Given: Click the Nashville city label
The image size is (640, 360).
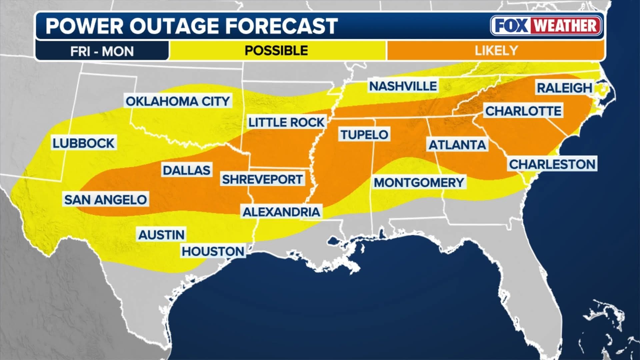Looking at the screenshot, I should coord(403,86).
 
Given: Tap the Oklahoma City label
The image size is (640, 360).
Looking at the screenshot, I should coord(178,101).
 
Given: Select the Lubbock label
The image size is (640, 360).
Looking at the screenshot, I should coord(83,143).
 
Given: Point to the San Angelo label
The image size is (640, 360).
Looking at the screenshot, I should coord(105,200).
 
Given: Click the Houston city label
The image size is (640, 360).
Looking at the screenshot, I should coord(213,251).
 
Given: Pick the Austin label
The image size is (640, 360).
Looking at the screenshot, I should coord(161,235).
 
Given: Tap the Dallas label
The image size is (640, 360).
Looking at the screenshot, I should coord(187,170).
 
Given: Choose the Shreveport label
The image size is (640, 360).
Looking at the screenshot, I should coord(262,179).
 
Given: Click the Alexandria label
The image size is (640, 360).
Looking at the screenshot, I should coord(281,212).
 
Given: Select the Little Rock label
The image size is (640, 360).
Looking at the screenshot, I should coord(286,122).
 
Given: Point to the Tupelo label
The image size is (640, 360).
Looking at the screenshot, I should coord(364,135).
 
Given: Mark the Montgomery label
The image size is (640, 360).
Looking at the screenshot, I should coord(419,183).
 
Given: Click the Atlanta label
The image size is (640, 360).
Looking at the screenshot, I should coord(457,145).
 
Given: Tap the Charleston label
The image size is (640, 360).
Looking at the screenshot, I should coord(552,164).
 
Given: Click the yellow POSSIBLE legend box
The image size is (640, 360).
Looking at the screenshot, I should coord(277,51).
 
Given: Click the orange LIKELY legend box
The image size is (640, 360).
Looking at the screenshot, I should coord(496,51).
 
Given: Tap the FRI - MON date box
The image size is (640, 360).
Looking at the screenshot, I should coord(102,51).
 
